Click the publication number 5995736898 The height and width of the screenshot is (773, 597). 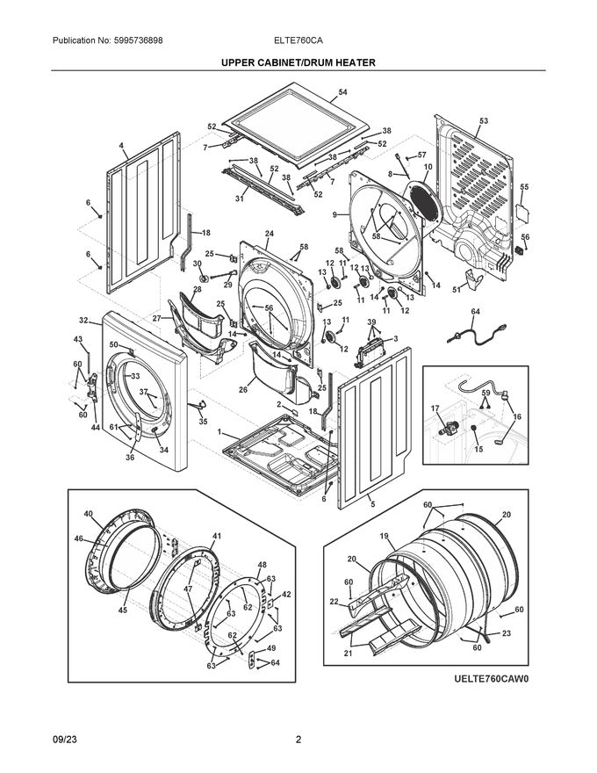pyautogui.click(x=138, y=40)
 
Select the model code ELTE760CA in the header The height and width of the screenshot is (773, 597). pyautogui.click(x=299, y=40)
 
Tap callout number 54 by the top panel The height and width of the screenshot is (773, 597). pyautogui.click(x=342, y=92)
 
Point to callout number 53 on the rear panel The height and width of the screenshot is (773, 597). pyautogui.click(x=484, y=121)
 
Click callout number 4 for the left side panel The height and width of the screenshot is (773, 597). pyautogui.click(x=120, y=146)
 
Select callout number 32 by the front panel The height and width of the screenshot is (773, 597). pyautogui.click(x=83, y=321)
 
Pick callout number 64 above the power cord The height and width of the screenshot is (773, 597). pyautogui.click(x=475, y=312)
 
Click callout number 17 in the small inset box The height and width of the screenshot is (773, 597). pyautogui.click(x=435, y=408)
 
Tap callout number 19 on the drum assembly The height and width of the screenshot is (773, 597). pyautogui.click(x=385, y=536)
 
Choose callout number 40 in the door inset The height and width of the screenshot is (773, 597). pyautogui.click(x=88, y=514)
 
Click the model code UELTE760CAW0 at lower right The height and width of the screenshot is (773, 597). pyautogui.click(x=491, y=679)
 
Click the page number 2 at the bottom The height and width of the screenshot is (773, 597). pyautogui.click(x=298, y=740)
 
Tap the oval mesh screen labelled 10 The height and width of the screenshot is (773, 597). pyautogui.click(x=425, y=202)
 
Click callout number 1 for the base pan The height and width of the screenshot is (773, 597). pyautogui.click(x=219, y=432)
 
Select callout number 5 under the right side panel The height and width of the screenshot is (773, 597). pyautogui.click(x=372, y=504)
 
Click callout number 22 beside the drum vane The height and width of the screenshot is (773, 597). pyautogui.click(x=334, y=602)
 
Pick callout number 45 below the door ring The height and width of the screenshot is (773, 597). pyautogui.click(x=122, y=610)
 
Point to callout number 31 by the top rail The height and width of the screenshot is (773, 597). pyautogui.click(x=240, y=199)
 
